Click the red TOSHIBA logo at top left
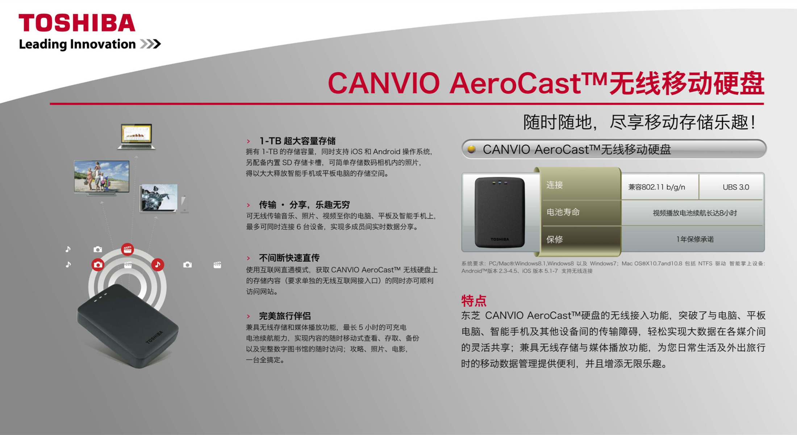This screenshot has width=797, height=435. click(x=77, y=23)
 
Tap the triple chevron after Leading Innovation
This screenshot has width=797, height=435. click(x=150, y=44)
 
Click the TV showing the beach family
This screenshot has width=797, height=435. click(x=101, y=178)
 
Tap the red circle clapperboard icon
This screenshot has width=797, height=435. click(x=127, y=249)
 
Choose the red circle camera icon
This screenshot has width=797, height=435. click(x=98, y=265)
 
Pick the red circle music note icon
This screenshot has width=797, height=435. click(x=158, y=265)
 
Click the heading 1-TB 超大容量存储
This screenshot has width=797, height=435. click(x=297, y=141)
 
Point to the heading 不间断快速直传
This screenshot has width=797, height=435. click(x=289, y=258)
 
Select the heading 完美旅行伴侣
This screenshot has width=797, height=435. click(x=285, y=316)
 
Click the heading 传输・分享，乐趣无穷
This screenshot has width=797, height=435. click(x=304, y=205)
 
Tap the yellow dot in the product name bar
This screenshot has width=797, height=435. click(x=471, y=149)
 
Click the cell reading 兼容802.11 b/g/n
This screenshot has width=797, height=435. click(x=656, y=187)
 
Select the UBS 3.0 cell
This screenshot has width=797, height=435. click(x=736, y=187)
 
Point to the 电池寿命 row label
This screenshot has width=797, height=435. click(x=563, y=212)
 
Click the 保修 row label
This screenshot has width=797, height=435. click(x=555, y=239)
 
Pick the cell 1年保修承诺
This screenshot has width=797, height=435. click(x=695, y=239)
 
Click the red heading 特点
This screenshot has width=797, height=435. click(x=474, y=301)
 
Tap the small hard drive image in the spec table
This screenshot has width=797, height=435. click(x=500, y=212)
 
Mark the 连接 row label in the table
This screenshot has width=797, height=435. click(x=555, y=185)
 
